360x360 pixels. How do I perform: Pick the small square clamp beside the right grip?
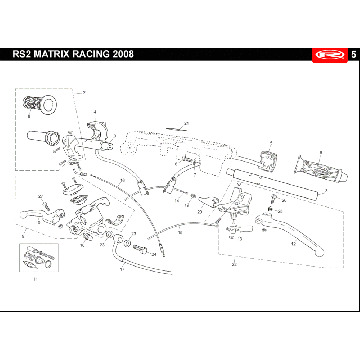(267, 157)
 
